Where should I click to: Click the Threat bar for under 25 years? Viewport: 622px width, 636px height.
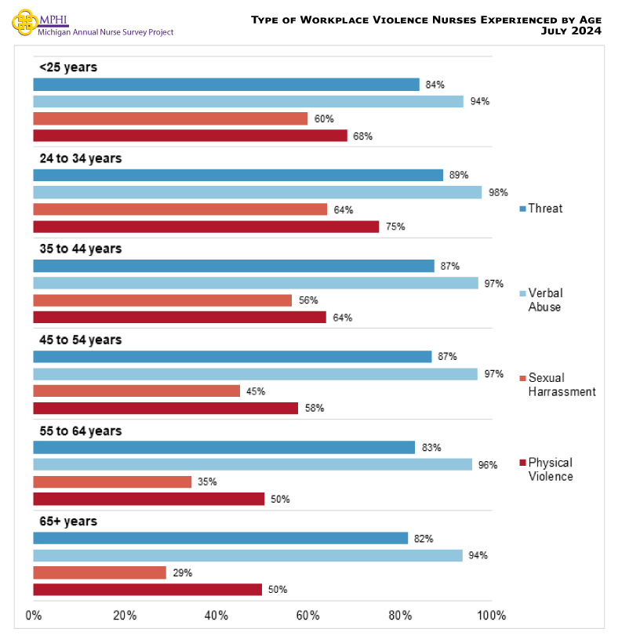pos(226,85)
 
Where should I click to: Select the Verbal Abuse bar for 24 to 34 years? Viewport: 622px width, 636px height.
pos(257,193)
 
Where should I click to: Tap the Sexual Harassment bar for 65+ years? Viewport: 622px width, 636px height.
pos(100,573)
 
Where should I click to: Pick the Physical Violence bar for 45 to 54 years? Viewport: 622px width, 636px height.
pos(166,409)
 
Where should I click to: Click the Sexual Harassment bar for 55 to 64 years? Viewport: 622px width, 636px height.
pos(112,482)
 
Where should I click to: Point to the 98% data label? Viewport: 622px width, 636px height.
pos(498,193)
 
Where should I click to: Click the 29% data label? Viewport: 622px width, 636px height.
pos(182,573)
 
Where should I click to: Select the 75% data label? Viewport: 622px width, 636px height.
pos(395,227)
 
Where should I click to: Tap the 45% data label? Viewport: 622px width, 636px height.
pos(256,391)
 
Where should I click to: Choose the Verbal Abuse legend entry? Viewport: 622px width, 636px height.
pos(544,300)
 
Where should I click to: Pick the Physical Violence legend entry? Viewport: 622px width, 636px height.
pos(549,470)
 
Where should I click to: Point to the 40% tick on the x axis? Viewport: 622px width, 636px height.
pos(216,616)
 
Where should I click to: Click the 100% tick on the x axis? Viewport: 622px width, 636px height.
pos(491,616)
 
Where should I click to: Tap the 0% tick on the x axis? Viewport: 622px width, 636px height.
pos(34,616)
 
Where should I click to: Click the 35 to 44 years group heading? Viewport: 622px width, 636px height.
pos(81,249)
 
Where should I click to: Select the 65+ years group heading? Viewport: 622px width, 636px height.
pos(68,522)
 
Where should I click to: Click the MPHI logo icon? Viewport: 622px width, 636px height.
pos(24,21)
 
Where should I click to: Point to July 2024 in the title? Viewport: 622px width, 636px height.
pos(571,31)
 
